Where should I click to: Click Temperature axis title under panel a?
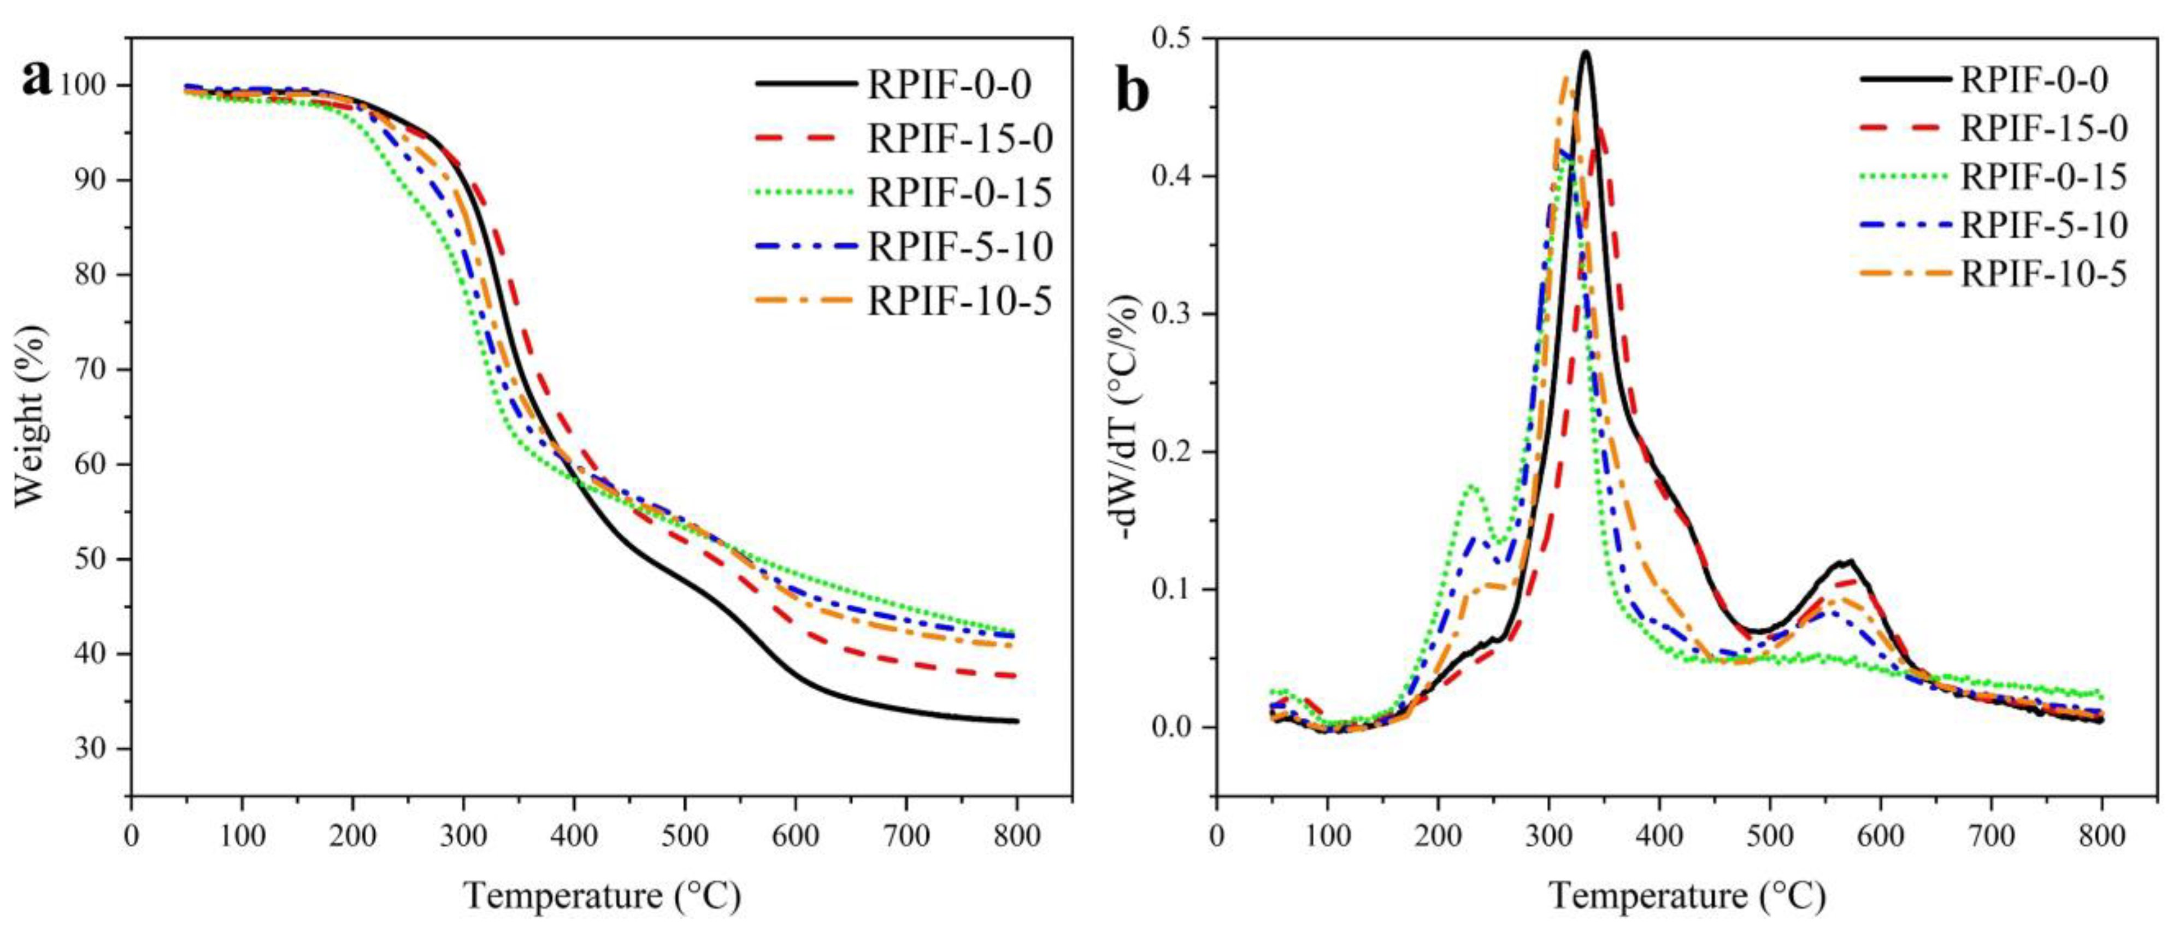click(x=602, y=895)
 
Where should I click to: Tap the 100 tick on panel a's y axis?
click(x=83, y=85)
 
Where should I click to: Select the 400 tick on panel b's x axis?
click(x=1659, y=836)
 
